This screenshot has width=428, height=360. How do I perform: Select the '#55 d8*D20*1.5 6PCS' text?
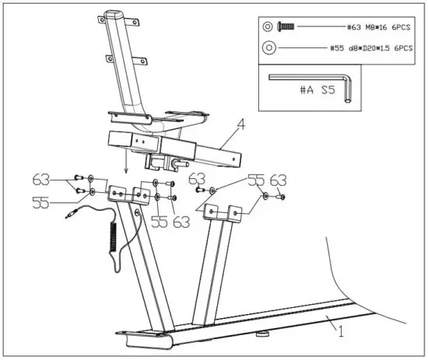click(x=370, y=47)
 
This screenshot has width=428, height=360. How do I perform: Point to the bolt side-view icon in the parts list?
click(x=286, y=26)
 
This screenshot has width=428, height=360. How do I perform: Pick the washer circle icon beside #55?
click(x=268, y=47)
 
